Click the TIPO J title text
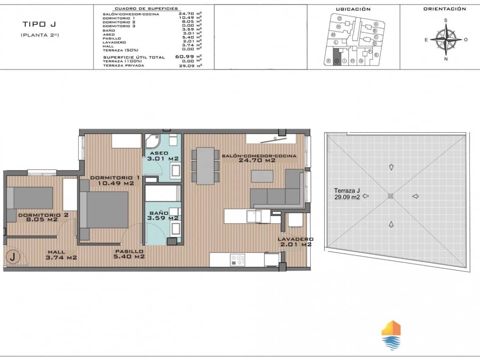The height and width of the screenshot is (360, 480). point(39,25)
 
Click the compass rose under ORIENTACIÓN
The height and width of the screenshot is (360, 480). point(446,39)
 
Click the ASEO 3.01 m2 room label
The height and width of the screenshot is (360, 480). point(162,156)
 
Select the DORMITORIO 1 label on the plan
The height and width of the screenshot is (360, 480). point(111,180)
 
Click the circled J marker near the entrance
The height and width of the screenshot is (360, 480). point(13,257)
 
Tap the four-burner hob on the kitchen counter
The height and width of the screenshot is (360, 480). point(237,260)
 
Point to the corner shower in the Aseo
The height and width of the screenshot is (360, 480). point(151,141)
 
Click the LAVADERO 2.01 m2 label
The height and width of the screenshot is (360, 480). point(295,242)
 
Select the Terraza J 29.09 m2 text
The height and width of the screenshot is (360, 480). point(347,193)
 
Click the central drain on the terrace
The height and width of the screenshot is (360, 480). point(391,196)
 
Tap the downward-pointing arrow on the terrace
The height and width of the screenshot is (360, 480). point(391,167)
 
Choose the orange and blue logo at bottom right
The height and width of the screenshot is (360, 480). point(391,335)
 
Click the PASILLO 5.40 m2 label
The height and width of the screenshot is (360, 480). point(129,254)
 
